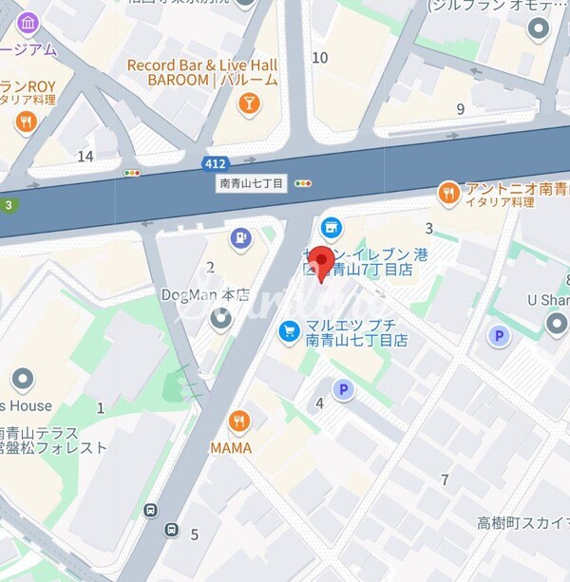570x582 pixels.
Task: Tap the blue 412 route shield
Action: pyautogui.click(x=215, y=164)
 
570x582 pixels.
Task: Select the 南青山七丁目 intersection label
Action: pyautogui.click(x=252, y=183)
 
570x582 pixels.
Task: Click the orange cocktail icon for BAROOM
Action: pyautogui.click(x=248, y=103)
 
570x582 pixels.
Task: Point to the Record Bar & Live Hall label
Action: pyautogui.click(x=202, y=65)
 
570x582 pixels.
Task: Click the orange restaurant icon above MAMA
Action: pyautogui.click(x=239, y=422)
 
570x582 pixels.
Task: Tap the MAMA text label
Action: pyautogui.click(x=231, y=447)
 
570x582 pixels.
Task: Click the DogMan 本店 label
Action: pyautogui.click(x=204, y=295)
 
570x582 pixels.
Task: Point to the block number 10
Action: pyautogui.click(x=320, y=58)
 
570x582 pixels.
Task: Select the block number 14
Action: pyautogui.click(x=85, y=156)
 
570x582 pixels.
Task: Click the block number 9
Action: pyautogui.click(x=461, y=109)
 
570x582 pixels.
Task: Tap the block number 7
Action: pyautogui.click(x=445, y=479)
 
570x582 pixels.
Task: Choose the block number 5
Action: pyautogui.click(x=195, y=535)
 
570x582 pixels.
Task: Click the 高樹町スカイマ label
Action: pyautogui.click(x=522, y=523)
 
